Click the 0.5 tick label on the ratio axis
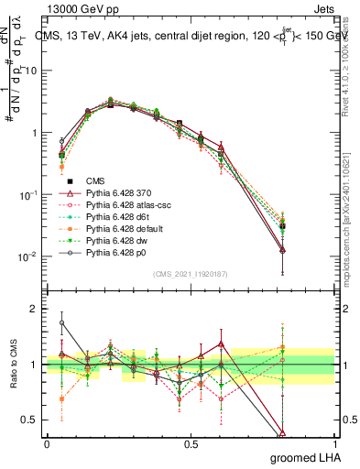pyautogui.click(x=31, y=420)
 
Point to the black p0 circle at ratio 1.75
pyautogui.click(x=61, y=322)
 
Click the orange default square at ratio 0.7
pyautogui.click(x=61, y=399)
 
